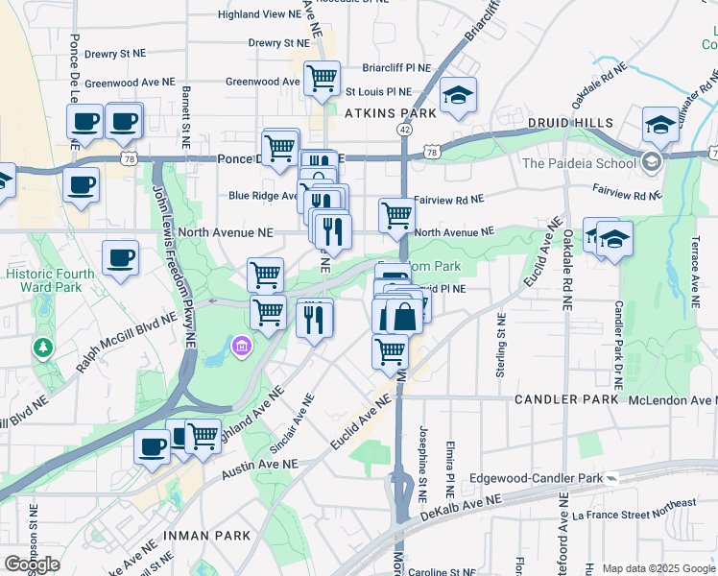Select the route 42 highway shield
[x=406, y=129]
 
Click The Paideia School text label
[x=579, y=162]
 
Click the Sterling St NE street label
[x=500, y=344]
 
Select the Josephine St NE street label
[x=422, y=456]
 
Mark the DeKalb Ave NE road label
[x=461, y=510]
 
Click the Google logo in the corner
[x=32, y=564]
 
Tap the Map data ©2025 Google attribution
[x=658, y=568]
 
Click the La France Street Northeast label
[x=634, y=516]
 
